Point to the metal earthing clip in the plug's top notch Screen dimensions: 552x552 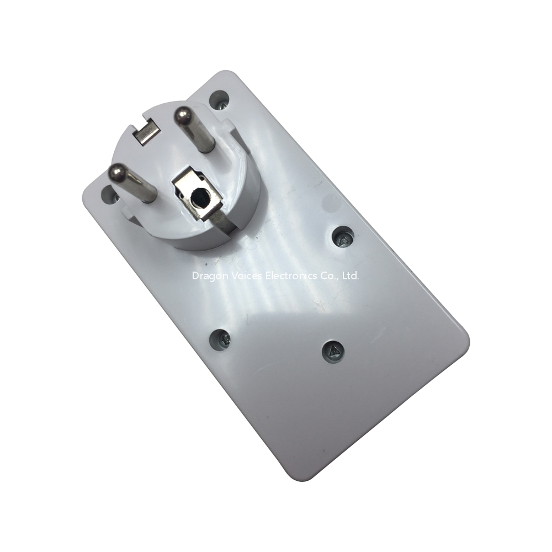coord(147,132)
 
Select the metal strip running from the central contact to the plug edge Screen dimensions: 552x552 coord(222,222)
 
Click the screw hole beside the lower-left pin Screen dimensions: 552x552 coord(109,195)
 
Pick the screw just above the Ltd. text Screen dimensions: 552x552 coord(343,237)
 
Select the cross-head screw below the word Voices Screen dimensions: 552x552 coord(220,339)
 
